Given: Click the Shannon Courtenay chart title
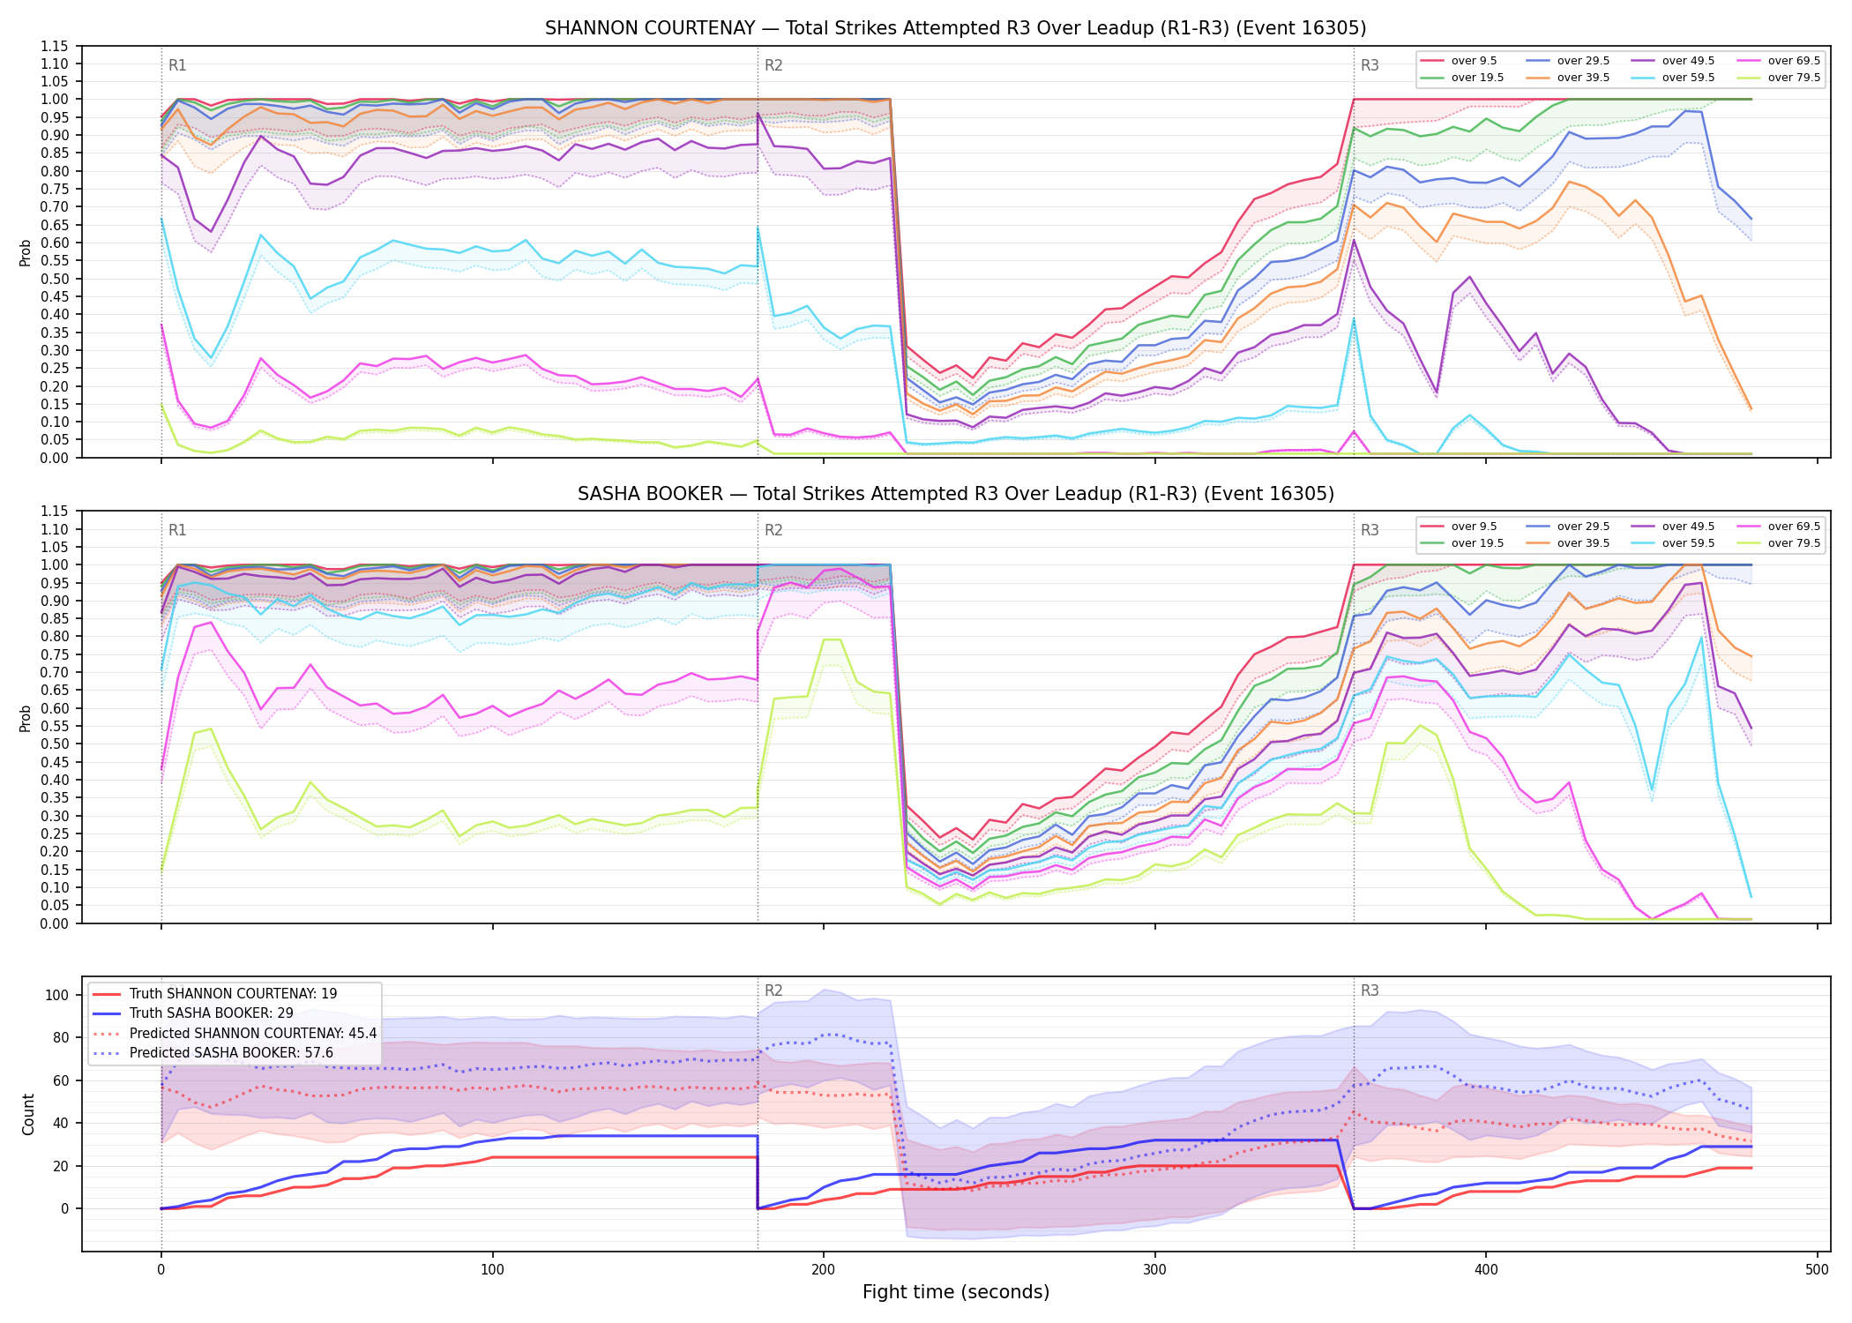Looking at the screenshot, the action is tap(955, 28).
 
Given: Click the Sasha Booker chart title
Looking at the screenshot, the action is tap(955, 494).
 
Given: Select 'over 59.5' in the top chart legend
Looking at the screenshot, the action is tap(1688, 78).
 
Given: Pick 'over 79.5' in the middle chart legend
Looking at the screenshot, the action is tap(1794, 543).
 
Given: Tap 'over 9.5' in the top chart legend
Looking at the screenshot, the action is tap(1474, 61).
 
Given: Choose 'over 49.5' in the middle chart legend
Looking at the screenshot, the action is tap(1688, 527).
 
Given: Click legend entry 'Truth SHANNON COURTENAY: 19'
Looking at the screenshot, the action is tap(233, 993).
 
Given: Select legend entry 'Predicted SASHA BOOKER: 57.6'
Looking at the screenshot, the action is tap(231, 1052).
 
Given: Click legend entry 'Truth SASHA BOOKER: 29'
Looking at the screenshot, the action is tap(211, 1013).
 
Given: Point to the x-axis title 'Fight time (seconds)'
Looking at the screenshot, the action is tap(956, 1292).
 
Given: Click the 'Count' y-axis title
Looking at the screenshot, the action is tap(28, 1114).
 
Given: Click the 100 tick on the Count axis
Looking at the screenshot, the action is tap(57, 995).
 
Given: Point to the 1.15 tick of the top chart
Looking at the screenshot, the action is tap(56, 46).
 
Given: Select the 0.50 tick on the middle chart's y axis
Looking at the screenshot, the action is tap(56, 744).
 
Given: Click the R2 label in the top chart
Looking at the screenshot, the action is tap(773, 65).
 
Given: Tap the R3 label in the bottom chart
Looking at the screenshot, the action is tap(1370, 990).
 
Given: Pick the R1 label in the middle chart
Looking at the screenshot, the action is tap(177, 530).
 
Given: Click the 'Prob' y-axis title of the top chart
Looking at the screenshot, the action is tap(26, 252).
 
